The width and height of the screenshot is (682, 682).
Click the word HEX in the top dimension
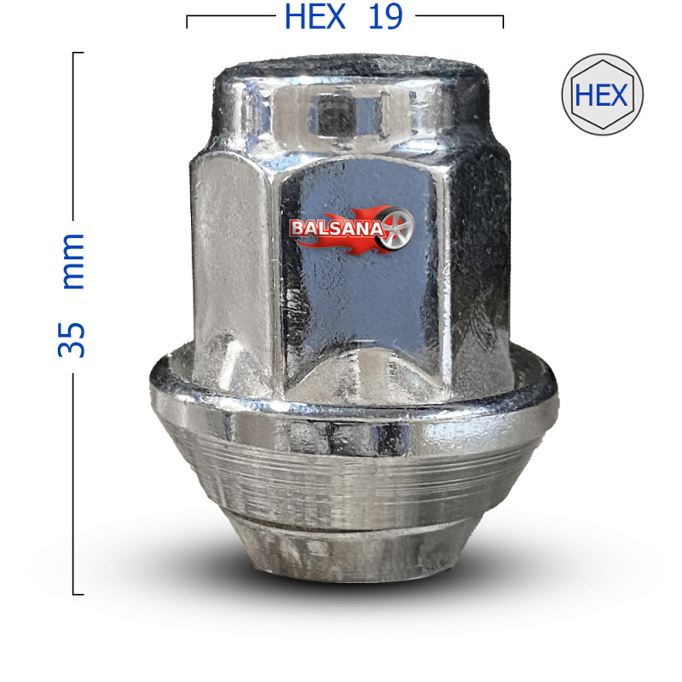pyautogui.click(x=315, y=16)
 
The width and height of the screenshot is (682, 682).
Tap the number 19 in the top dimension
pyautogui.click(x=385, y=16)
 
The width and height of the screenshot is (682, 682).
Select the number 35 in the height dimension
pyautogui.click(x=72, y=340)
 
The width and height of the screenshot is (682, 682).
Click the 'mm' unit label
pyautogui.click(x=72, y=261)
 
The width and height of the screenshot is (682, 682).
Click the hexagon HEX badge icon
pyautogui.click(x=603, y=95)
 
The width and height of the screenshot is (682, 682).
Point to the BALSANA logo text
pyautogui.click(x=337, y=228)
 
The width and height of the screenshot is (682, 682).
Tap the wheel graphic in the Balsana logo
pyautogui.click(x=393, y=229)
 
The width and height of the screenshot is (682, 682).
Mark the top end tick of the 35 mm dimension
pyautogui.click(x=78, y=53)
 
